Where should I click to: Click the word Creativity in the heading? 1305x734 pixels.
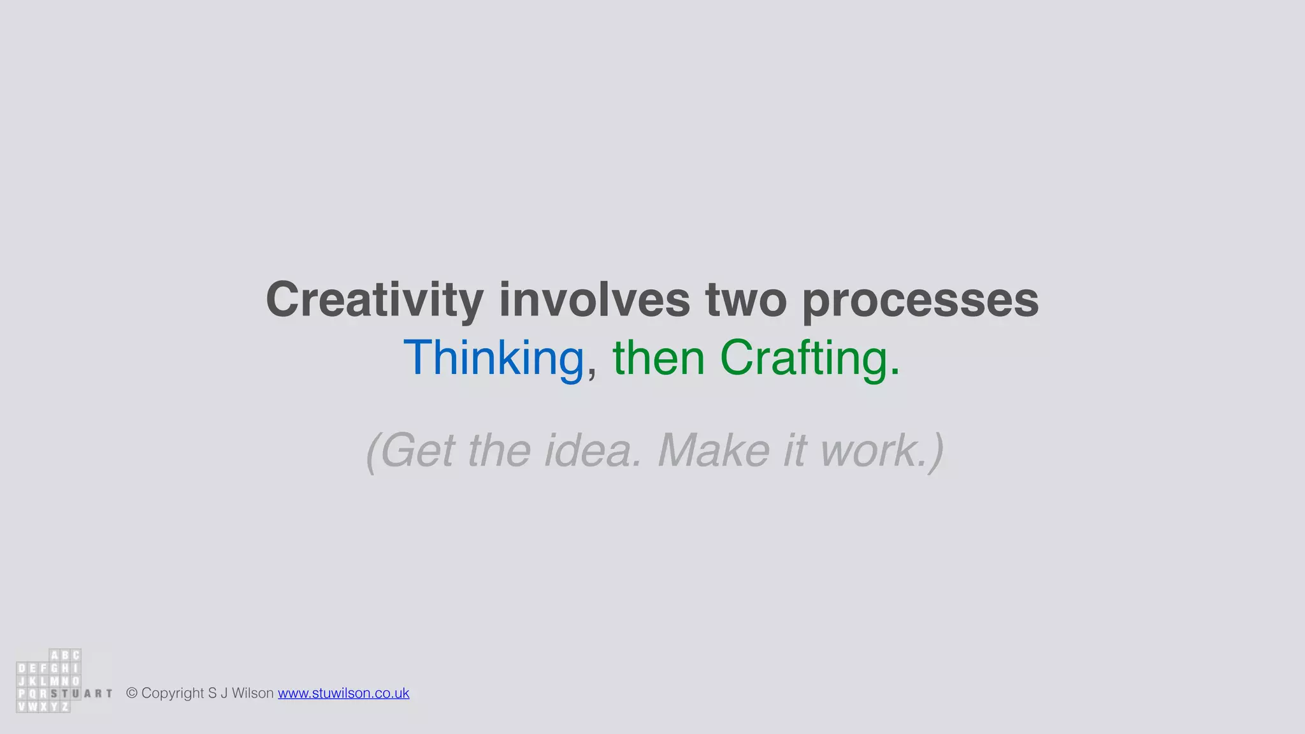click(x=375, y=299)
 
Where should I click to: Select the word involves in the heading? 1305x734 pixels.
click(x=595, y=299)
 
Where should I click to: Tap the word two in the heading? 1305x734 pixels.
click(x=746, y=299)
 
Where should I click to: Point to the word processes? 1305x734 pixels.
click(x=920, y=299)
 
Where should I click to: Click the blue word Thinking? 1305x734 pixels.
click(x=494, y=358)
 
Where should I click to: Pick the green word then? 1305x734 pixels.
click(x=658, y=358)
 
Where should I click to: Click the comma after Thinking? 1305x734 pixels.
click(x=592, y=373)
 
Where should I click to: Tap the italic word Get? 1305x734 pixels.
click(x=417, y=450)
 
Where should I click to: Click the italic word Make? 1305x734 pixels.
click(x=713, y=450)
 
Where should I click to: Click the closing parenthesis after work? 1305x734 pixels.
click(x=935, y=452)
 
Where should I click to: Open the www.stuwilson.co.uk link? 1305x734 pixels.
click(x=343, y=693)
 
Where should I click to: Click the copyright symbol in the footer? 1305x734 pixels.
click(x=132, y=693)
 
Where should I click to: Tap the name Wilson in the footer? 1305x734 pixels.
click(x=252, y=693)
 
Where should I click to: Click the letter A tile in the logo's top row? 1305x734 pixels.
click(x=55, y=656)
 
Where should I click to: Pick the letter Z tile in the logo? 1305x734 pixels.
click(x=64, y=707)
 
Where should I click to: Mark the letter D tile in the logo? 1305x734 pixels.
click(x=22, y=668)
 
